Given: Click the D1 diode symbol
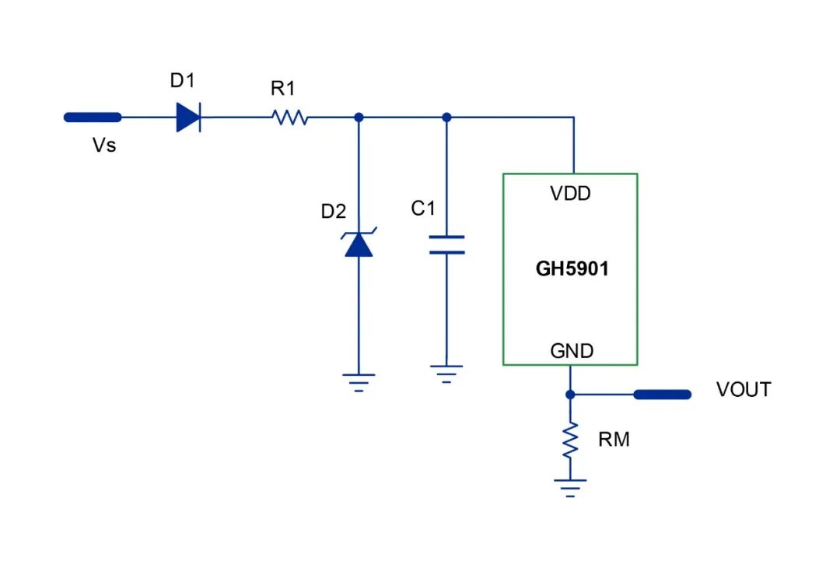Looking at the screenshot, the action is pyautogui.click(x=188, y=117).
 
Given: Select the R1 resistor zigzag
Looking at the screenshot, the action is pyautogui.click(x=290, y=117).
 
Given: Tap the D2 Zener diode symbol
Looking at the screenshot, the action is pyautogui.click(x=359, y=242).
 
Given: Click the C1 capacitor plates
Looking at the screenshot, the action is pyautogui.click(x=446, y=244).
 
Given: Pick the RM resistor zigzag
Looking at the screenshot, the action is pyautogui.click(x=570, y=440).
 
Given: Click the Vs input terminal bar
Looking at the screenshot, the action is pyautogui.click(x=93, y=118).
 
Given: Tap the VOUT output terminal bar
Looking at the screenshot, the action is pyautogui.click(x=662, y=395).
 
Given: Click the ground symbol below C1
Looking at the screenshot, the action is pyautogui.click(x=446, y=374).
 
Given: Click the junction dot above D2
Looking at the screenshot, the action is pyautogui.click(x=359, y=118).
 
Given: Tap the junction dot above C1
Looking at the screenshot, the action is pyautogui.click(x=446, y=118).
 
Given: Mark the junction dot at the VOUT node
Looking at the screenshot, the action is pyautogui.click(x=570, y=395).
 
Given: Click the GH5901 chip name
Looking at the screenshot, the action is pyautogui.click(x=572, y=268).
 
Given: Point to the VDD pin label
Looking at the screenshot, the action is pyautogui.click(x=571, y=193).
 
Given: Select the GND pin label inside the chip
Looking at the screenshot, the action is pyautogui.click(x=572, y=351).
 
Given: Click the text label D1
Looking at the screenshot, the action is pyautogui.click(x=182, y=80).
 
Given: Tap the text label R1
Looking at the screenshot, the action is pyautogui.click(x=283, y=89).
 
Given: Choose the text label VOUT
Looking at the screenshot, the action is pyautogui.click(x=744, y=390).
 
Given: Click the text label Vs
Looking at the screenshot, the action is pyautogui.click(x=104, y=146).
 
